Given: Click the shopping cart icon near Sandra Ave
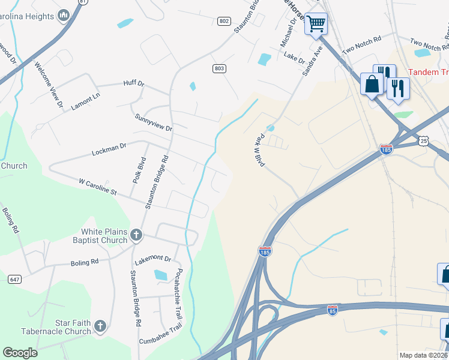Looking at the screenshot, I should coord(316,25).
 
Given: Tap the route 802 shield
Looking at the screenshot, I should coord(224,21).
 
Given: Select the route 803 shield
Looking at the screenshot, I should coord(219,68).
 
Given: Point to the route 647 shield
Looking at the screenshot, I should coord(15,279).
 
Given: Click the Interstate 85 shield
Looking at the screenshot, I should coord(333,310).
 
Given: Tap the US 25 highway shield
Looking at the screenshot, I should coord(423,140).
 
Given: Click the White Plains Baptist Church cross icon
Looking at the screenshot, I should coord(136,235).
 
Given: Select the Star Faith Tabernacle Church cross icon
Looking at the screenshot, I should coord(100,326).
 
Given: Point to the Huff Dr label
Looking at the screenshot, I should coord(133,83).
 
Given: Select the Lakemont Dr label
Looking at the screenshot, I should coord(153,258).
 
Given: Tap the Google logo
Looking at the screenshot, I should coord(20,353).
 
